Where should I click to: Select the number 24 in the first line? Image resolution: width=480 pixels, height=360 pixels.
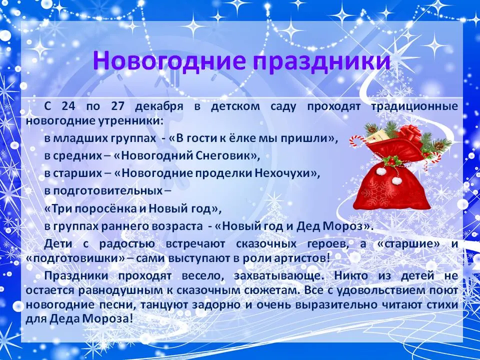point(69,106)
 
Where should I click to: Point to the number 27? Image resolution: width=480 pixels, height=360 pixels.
point(117,106)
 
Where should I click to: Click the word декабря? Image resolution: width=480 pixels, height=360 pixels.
point(159,107)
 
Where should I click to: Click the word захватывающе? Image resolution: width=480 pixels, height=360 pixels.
point(279,276)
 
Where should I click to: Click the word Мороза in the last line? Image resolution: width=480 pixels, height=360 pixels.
point(108,319)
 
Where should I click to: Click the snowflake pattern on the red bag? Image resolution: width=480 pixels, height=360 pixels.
point(376,191)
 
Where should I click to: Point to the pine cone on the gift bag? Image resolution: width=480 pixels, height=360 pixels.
point(438,146)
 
